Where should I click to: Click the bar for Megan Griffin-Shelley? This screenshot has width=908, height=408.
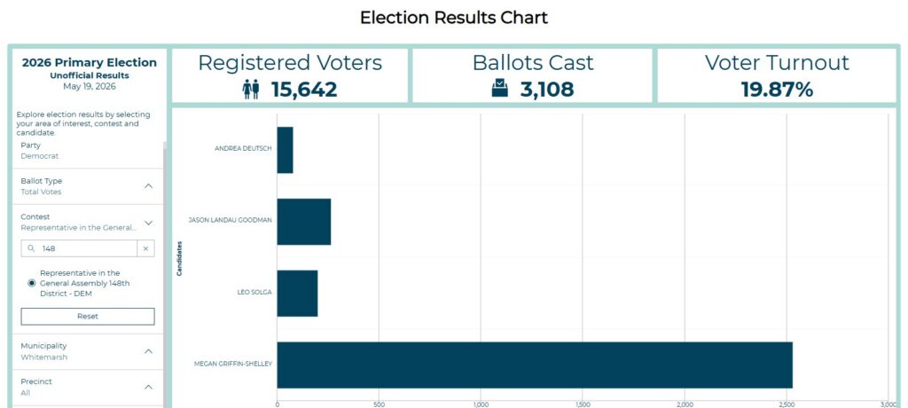tap(535, 365)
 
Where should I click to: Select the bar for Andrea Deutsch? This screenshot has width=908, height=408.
tap(285, 150)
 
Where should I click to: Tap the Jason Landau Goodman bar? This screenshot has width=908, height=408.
tap(304, 222)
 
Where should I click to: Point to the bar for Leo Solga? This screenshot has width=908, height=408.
tap(297, 294)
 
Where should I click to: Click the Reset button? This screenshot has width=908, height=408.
tap(88, 317)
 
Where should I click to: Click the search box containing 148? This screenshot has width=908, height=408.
tap(79, 248)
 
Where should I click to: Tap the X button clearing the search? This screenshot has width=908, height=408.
tap(146, 248)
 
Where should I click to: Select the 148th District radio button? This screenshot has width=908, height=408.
tap(31, 283)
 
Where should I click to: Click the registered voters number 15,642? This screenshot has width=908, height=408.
tap(304, 90)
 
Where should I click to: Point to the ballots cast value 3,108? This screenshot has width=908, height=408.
tap(546, 90)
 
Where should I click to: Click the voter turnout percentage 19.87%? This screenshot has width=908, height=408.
tap(777, 90)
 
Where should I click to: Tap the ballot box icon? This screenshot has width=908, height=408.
tap(500, 89)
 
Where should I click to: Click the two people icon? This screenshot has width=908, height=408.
tap(251, 90)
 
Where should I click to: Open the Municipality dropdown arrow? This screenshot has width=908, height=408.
tap(148, 351)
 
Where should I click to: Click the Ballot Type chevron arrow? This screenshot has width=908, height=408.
tap(148, 186)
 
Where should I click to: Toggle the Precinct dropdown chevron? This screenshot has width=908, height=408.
tap(148, 387)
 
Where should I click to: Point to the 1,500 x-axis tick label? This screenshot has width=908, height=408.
tap(583, 404)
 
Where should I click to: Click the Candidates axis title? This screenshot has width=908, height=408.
tap(179, 258)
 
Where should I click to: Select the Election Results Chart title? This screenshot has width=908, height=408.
tap(454, 18)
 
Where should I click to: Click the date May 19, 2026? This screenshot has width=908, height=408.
tap(90, 86)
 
